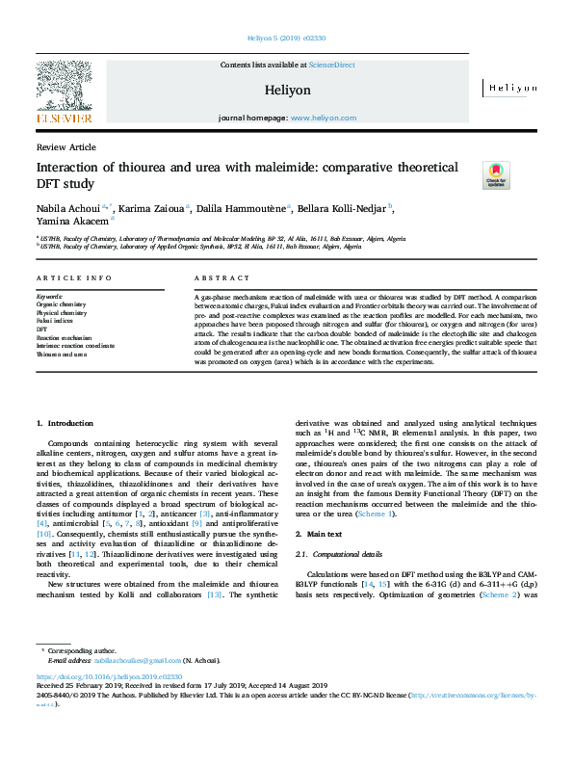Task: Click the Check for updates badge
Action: [x=496, y=174]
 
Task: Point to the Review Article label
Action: [x=65, y=146]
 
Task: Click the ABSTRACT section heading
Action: [x=215, y=277]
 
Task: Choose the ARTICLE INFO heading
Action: [x=68, y=277]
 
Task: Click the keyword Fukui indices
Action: [x=55, y=319]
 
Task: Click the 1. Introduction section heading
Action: [x=65, y=423]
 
